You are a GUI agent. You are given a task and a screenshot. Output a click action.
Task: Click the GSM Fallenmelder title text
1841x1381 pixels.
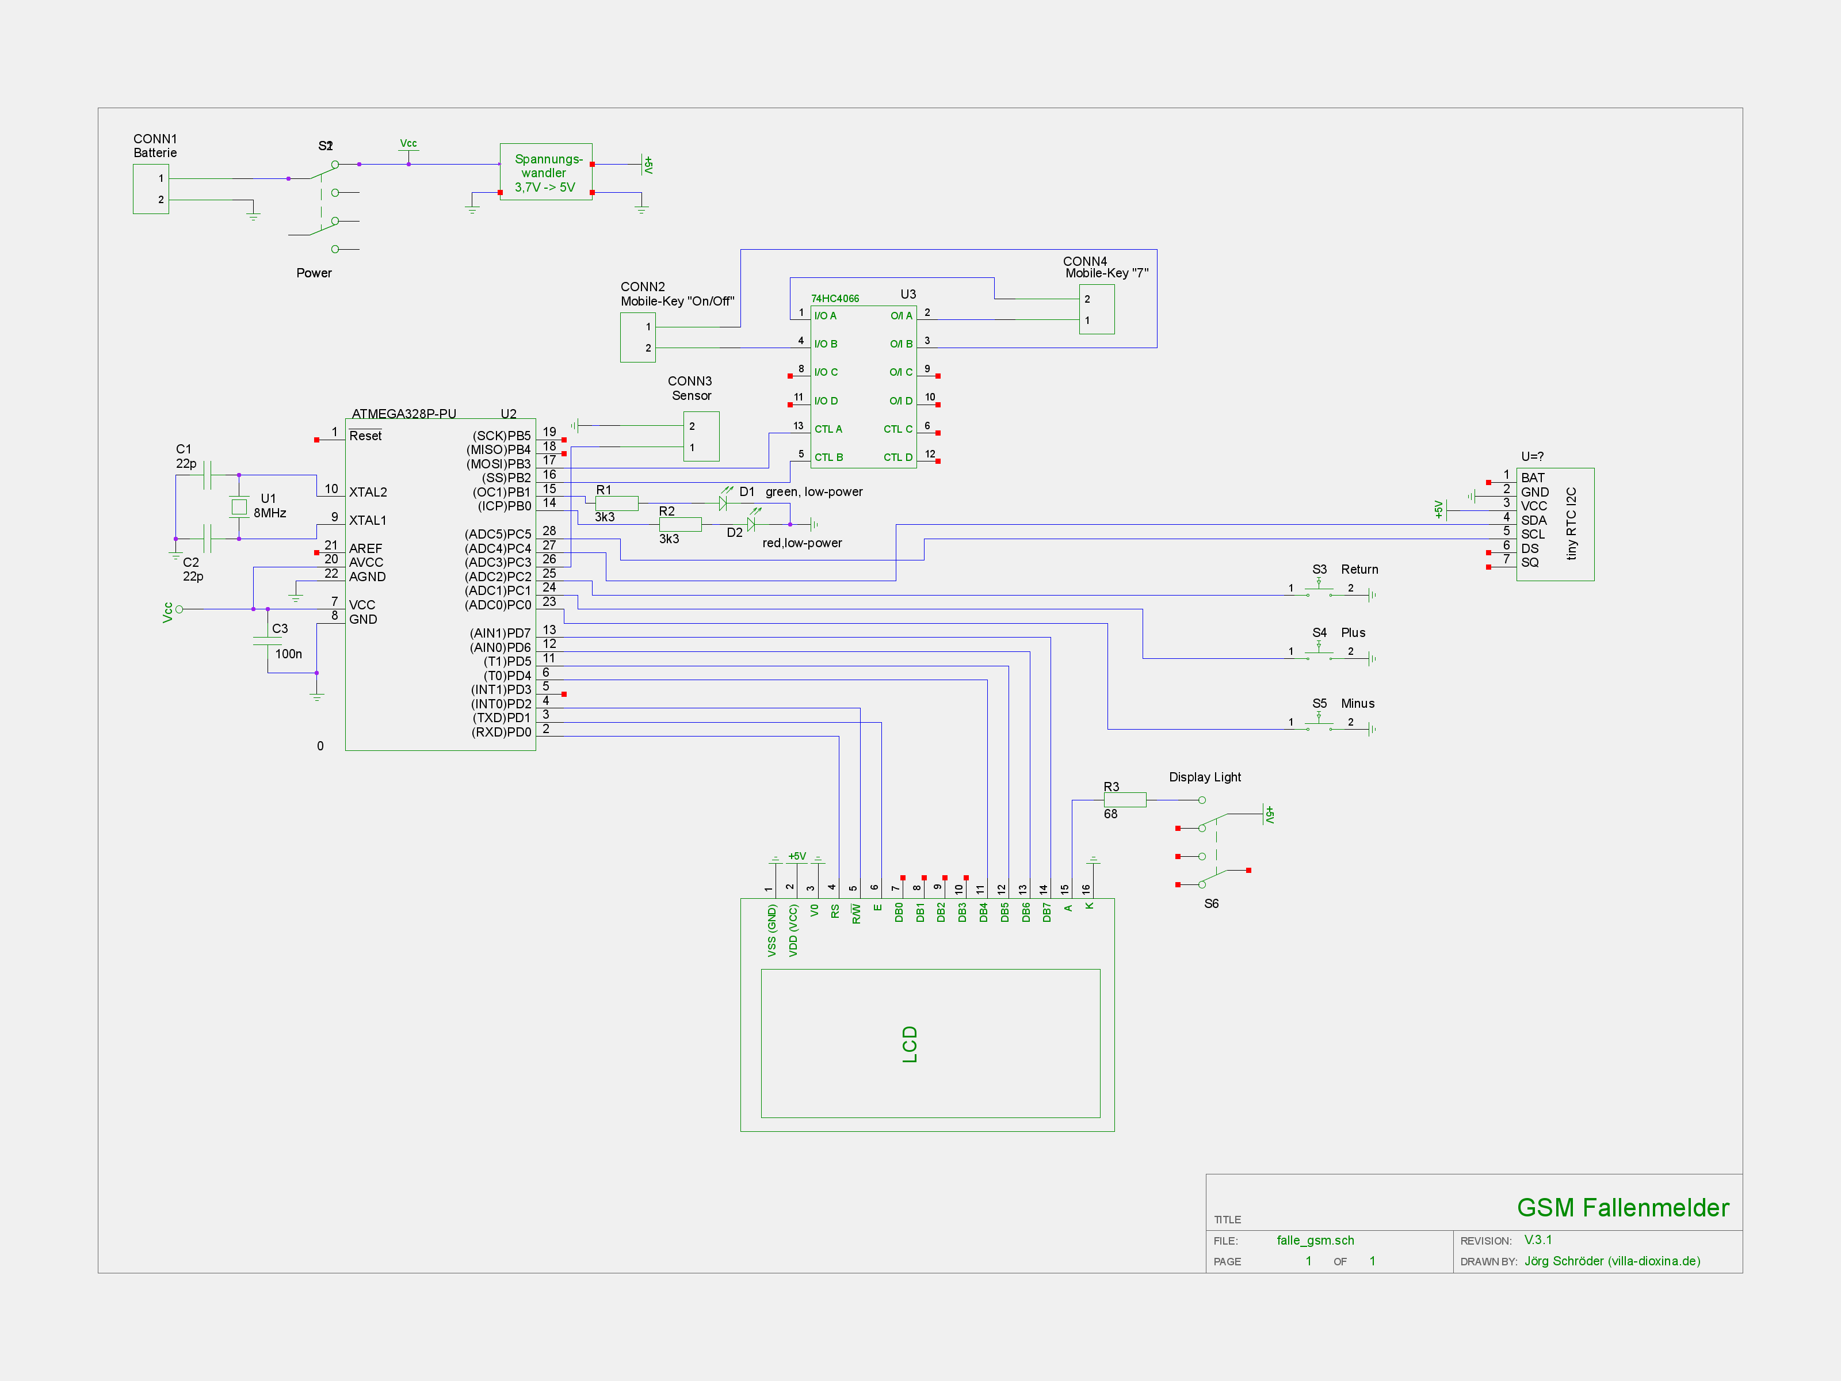click(1622, 1207)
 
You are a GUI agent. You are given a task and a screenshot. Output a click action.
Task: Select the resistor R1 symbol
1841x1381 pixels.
click(617, 503)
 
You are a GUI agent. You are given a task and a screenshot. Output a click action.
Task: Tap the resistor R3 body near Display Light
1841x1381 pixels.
click(1124, 800)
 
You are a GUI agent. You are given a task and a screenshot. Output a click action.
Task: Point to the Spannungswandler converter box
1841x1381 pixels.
click(546, 172)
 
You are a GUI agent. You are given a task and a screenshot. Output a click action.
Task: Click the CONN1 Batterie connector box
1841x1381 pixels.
click(151, 189)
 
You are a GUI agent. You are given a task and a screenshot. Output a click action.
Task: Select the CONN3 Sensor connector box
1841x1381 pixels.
click(701, 436)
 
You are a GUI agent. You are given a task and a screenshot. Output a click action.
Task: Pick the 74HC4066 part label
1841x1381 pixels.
click(835, 298)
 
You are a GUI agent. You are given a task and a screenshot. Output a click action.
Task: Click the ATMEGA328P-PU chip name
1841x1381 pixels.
click(404, 414)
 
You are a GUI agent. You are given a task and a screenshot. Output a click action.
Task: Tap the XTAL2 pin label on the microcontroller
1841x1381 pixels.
click(368, 492)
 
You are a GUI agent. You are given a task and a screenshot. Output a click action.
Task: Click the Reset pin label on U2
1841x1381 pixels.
click(365, 436)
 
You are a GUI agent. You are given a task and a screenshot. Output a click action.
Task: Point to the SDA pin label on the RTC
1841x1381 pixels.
click(1533, 520)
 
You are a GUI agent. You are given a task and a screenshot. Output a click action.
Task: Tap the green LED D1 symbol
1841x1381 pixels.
click(723, 503)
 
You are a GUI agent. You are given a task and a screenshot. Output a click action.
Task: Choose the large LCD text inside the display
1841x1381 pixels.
click(910, 1044)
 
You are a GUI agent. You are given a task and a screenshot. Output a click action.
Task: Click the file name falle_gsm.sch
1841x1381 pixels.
click(1315, 1241)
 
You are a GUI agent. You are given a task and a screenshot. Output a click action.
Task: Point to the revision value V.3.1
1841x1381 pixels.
click(1538, 1239)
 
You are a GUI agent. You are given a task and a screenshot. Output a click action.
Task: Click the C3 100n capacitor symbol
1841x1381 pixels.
click(267, 641)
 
